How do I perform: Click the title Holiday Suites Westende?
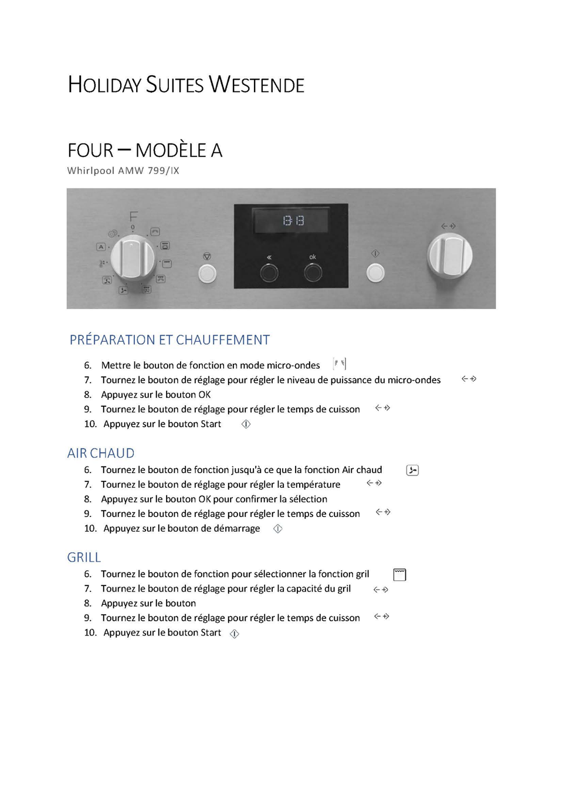[186, 85]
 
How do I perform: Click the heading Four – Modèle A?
[145, 151]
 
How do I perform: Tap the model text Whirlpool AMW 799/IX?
[123, 171]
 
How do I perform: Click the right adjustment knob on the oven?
[450, 255]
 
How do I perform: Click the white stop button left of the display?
[207, 273]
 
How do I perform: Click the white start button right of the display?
[375, 273]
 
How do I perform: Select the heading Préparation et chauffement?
[169, 340]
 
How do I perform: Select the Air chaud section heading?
[101, 453]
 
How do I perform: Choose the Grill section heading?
[84, 557]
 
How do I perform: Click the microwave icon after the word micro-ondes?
[340, 364]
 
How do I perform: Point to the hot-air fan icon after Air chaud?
[412, 470]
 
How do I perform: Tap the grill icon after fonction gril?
[399, 574]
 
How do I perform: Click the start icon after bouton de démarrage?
[278, 529]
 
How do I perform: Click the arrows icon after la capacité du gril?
[381, 590]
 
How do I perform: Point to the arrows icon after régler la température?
[374, 484]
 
